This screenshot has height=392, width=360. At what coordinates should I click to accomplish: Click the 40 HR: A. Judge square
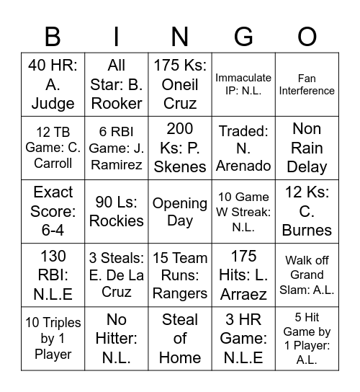coord(53,84)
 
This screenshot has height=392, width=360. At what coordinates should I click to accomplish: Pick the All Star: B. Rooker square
coord(116,84)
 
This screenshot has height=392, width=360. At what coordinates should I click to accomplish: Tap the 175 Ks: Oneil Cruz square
coord(180,84)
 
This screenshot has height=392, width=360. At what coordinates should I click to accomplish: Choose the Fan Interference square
coord(307,84)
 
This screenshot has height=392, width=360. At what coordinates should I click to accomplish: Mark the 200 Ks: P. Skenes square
coord(180,148)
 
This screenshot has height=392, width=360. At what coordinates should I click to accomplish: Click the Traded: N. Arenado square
coord(243,148)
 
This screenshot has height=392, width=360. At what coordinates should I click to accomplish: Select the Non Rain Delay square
coord(307,148)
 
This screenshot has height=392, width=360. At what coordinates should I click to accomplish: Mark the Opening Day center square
coord(180,212)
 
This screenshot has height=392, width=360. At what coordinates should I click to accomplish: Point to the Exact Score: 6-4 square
coord(53,212)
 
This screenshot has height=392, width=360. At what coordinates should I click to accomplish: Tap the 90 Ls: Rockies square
coord(116,212)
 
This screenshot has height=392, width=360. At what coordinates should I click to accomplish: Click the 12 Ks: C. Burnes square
coord(307,212)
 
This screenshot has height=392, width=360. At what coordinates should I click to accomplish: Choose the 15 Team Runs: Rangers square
coord(180,275)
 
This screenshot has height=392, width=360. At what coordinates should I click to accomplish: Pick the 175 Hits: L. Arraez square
coord(243,275)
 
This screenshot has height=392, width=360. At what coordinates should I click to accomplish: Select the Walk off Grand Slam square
coord(307,275)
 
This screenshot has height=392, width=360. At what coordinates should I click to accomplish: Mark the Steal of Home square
coord(180,339)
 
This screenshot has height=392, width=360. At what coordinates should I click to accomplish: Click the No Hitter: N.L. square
coord(116,339)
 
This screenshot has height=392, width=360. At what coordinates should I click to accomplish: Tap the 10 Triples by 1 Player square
coord(53,339)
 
